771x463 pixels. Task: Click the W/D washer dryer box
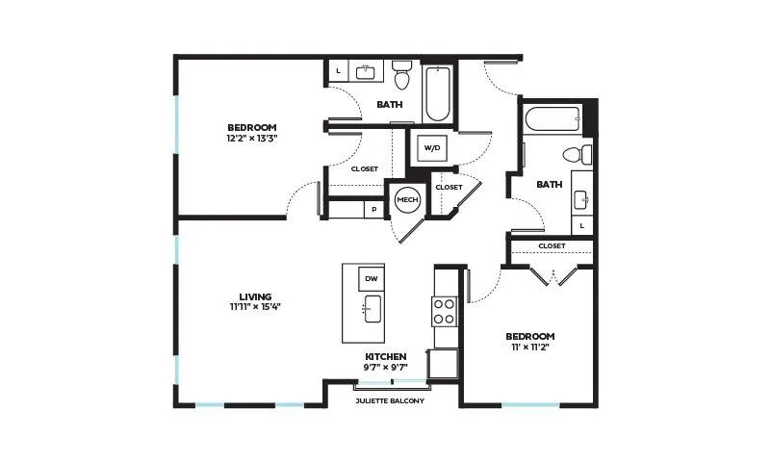coord(432,147)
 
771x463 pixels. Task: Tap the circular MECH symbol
coord(407,199)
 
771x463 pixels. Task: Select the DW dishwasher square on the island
coord(372,279)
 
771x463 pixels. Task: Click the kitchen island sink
coord(373,309)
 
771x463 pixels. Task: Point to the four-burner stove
coord(445,312)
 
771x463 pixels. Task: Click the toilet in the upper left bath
coord(402,75)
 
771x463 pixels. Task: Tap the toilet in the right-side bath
coord(578,155)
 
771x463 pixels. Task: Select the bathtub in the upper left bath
coord(438,93)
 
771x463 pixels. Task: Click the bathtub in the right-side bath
coord(553,119)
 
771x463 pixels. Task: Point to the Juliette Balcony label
coord(390,401)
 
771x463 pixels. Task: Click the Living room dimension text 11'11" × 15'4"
coord(255,307)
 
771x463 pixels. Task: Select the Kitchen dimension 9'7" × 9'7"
coord(386,367)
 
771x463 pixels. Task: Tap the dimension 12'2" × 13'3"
coord(252,138)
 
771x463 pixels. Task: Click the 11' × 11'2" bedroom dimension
coord(530,347)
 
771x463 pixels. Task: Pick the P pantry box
coord(374,210)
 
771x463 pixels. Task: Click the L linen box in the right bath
coord(582,225)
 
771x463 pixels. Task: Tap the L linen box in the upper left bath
coord(338,71)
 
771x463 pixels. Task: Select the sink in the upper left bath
coord(366,72)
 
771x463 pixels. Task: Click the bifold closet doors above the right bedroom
coord(553,276)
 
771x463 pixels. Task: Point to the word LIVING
coord(255,296)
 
